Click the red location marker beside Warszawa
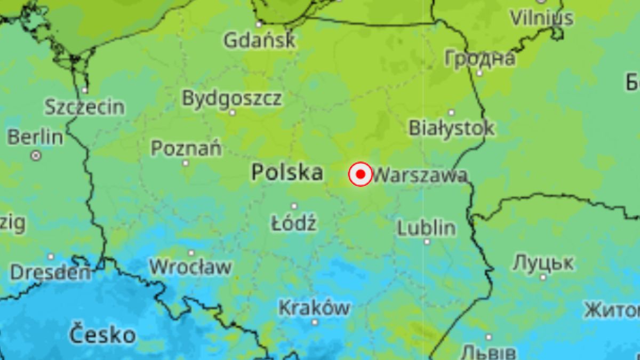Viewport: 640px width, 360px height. click(361, 174)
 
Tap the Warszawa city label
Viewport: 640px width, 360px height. click(420, 175)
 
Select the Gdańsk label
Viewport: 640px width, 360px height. click(259, 41)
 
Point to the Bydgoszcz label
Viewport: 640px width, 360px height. click(232, 99)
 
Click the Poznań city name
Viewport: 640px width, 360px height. click(186, 148)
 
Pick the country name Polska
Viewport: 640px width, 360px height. click(287, 172)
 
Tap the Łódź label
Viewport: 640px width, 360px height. click(294, 223)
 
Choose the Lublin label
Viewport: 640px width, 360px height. click(427, 228)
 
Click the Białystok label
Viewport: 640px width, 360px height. click(452, 127)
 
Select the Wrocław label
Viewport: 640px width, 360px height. click(190, 266)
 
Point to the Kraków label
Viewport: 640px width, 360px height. click(315, 308)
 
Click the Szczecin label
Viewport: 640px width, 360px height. click(84, 107)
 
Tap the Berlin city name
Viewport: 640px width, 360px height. click(35, 137)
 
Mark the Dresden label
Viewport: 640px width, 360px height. click(51, 273)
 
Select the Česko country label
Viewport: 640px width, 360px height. click(102, 335)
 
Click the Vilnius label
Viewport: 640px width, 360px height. click(541, 18)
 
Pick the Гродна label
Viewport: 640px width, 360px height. click(480, 58)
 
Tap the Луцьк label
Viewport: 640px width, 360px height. click(543, 262)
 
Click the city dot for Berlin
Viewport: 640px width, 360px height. click(36, 156)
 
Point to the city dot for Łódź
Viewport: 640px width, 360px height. click(294, 206)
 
